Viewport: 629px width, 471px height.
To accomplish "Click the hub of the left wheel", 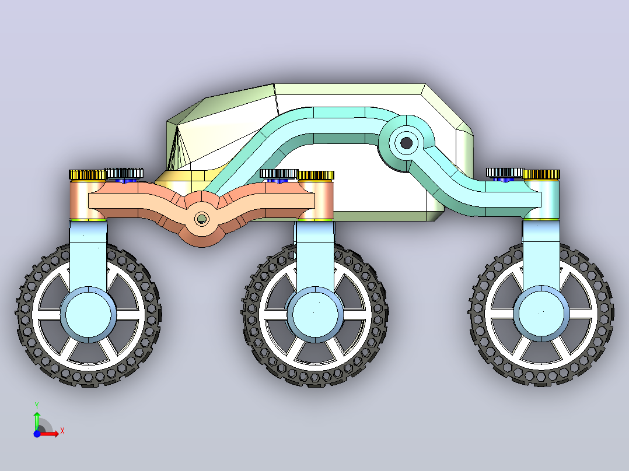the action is (88, 315).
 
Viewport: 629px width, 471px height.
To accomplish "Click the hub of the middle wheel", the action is (315, 315).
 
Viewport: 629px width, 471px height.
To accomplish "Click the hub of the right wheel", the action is (541, 314).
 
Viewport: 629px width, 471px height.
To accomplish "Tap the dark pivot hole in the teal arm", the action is (406, 143).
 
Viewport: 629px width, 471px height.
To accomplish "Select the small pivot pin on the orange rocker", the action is (201, 219).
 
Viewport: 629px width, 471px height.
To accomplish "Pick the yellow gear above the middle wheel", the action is (316, 175).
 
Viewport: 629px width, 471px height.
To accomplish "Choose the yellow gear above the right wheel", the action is (541, 174).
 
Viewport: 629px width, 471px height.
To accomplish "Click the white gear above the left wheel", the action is (124, 173).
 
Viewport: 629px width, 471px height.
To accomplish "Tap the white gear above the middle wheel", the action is (279, 174).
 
